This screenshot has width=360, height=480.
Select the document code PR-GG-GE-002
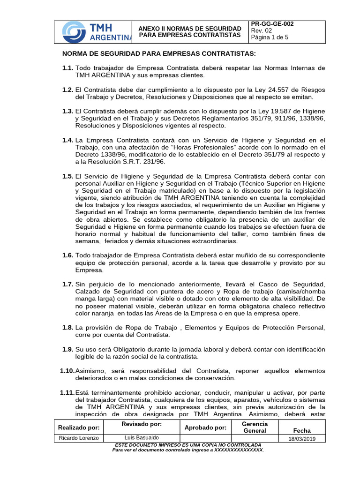click(x=272, y=24)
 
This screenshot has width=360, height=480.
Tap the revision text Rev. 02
click(x=262, y=31)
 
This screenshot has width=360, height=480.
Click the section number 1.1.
click(x=67, y=68)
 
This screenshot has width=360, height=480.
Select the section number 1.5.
click(x=67, y=176)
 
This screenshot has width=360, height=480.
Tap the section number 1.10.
click(x=67, y=370)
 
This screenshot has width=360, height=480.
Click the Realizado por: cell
click(x=79, y=427)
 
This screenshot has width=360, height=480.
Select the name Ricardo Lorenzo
click(x=79, y=438)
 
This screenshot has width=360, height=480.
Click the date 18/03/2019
click(x=299, y=438)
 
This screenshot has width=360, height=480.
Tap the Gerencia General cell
click(x=255, y=427)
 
